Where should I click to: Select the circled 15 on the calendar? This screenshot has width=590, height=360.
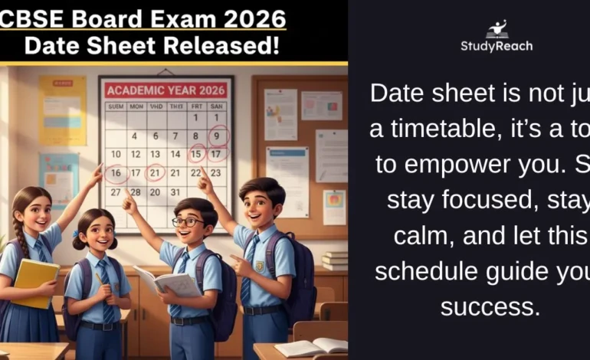[x=197, y=154]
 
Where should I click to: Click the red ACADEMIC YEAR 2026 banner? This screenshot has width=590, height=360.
[x=165, y=90]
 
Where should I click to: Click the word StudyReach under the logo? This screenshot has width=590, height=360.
[x=497, y=47]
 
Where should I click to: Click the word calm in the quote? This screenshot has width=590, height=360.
[x=427, y=236]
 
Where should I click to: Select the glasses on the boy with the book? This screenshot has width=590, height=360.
[x=188, y=221]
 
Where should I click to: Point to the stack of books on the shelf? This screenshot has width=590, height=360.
[x=334, y=260]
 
